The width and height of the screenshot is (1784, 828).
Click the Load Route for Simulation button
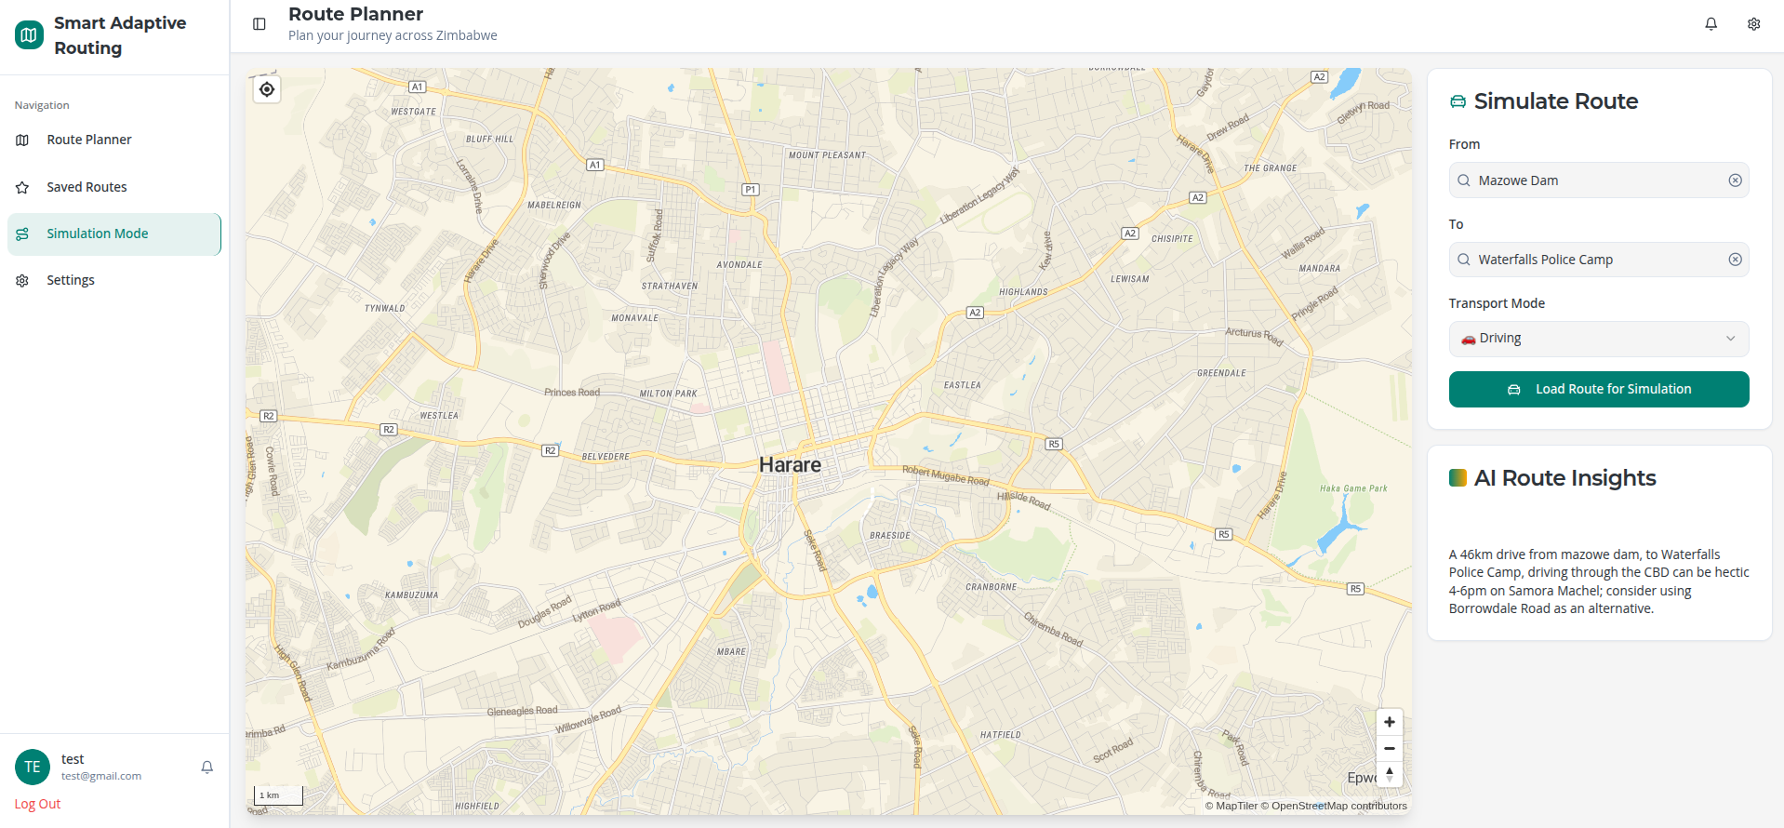coord(1598,389)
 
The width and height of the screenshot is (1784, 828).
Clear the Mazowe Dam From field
coord(1735,180)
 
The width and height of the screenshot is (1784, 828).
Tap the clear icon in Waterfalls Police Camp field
coord(1735,260)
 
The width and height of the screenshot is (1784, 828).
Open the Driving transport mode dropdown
coord(1598,339)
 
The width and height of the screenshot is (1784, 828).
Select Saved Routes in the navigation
coord(87,187)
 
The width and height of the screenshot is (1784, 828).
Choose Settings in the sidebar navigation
coord(71,280)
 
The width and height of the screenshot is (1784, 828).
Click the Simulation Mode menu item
coord(97,234)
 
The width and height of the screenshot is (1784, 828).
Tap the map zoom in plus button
coord(1389,722)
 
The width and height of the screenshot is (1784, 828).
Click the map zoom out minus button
coord(1389,748)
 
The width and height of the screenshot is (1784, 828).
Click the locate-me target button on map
coord(267,89)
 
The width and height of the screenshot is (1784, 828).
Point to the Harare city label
coord(790,464)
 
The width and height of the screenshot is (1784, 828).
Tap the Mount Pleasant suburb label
coord(827,155)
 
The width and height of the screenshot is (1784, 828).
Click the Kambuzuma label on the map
coord(411,594)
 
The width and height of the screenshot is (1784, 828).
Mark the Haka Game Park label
coord(1352,488)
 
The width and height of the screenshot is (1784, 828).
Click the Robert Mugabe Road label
coord(945,475)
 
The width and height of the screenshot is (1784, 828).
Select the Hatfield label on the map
coord(1000,735)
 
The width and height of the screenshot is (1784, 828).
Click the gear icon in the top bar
coord(1753,24)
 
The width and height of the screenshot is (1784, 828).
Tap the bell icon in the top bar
coord(1711,24)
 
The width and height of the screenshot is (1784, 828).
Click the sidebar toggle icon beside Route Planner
coord(260,24)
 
